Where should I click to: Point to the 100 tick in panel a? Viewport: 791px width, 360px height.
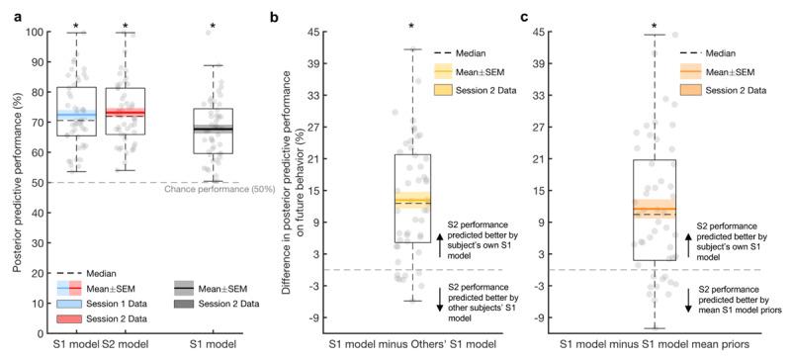pos(33,32)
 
